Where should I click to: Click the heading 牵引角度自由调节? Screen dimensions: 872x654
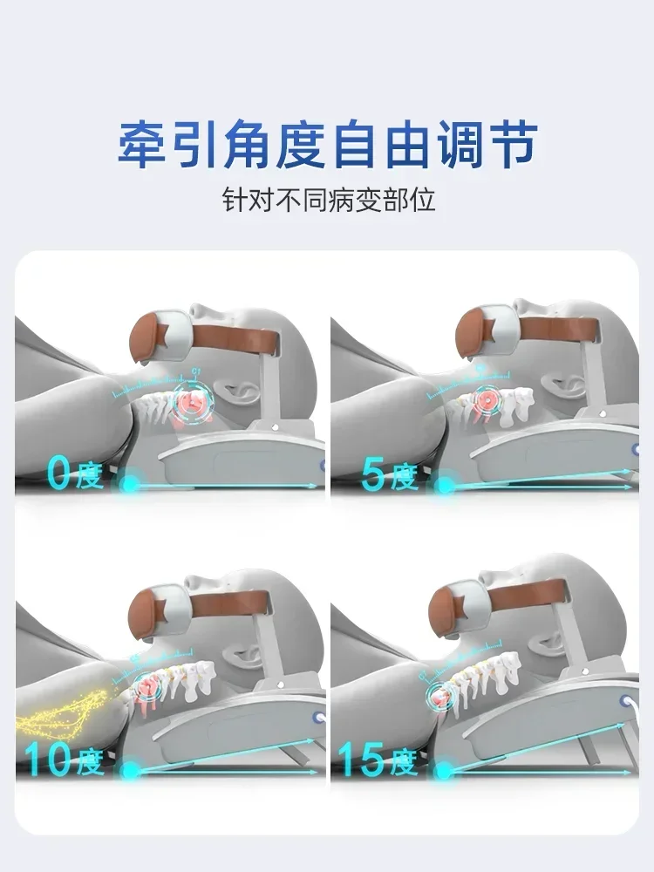(x=327, y=143)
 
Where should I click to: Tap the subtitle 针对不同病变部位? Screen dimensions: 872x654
(x=327, y=200)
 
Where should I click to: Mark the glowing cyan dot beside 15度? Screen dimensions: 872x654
(x=446, y=770)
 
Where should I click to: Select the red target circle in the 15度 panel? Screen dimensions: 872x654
(x=442, y=698)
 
